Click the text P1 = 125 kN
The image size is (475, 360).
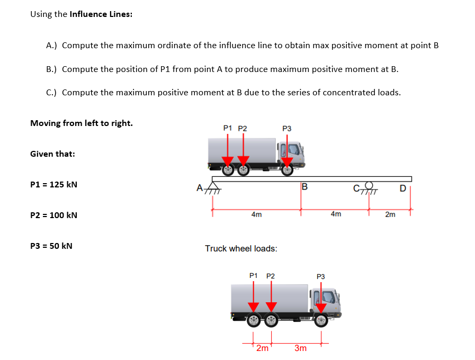53,185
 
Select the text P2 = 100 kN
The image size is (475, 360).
53,215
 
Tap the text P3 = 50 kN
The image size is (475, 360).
51,246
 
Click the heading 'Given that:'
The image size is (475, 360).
52,154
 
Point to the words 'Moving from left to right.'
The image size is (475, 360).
82,123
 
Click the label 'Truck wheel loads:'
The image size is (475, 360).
241,248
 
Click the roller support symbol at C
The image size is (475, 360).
369,188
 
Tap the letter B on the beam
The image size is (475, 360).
304,186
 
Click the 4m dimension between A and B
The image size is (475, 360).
256,214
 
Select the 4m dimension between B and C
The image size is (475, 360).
335,214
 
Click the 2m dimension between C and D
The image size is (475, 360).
390,214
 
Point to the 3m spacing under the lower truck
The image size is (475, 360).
300,348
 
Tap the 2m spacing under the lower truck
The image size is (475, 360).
262,348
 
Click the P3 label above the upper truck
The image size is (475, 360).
287,128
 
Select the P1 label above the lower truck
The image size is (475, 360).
254,276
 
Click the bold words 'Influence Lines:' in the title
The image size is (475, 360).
101,14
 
